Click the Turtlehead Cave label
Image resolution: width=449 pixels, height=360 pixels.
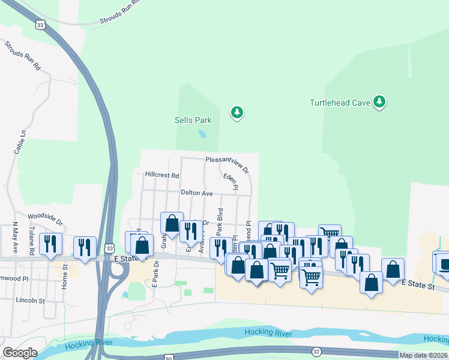click(x=340, y=103)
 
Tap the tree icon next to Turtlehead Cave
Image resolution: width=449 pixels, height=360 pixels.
click(x=379, y=102)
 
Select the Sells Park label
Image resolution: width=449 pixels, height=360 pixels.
click(x=193, y=120)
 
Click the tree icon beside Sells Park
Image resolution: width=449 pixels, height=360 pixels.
click(x=237, y=112)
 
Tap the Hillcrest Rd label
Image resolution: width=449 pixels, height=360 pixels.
click(x=162, y=175)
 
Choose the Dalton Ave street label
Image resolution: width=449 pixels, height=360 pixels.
click(x=197, y=193)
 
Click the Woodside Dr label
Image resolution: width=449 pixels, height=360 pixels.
click(x=46, y=218)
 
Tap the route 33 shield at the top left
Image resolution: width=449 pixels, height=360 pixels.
click(x=40, y=25)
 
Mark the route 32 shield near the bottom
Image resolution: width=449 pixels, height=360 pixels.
click(x=316, y=350)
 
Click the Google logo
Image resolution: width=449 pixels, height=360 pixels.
click(x=20, y=353)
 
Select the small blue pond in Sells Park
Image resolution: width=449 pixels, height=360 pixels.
click(x=202, y=133)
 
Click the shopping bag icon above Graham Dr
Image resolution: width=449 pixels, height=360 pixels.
click(x=172, y=223)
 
